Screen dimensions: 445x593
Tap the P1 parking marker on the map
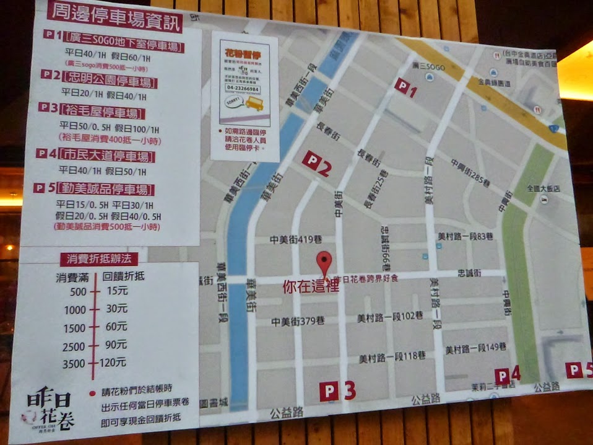406,89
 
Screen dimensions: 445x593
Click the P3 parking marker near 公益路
337,391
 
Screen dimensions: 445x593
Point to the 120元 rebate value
113,362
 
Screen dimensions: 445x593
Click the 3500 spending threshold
74,363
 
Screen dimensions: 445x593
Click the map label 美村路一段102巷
390,317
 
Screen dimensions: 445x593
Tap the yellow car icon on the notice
254,105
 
